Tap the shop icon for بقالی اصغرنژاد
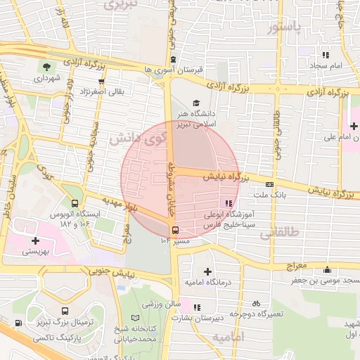102,82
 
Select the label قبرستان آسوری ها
172,70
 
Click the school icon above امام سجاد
325,54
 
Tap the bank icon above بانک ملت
269,184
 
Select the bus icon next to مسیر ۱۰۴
174,229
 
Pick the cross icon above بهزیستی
35,240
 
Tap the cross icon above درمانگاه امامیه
207,271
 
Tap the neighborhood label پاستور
294,27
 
